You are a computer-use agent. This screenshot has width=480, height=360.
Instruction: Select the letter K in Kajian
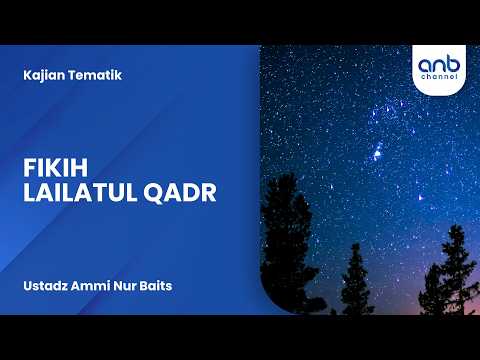(x=24, y=76)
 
